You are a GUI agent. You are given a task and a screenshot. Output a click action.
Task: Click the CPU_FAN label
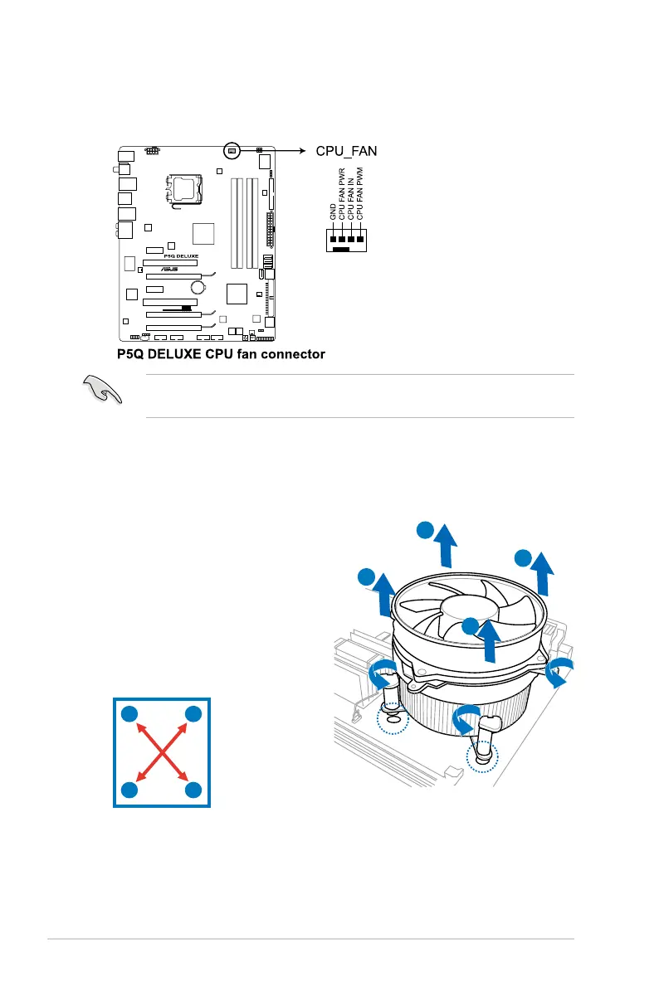click(x=346, y=151)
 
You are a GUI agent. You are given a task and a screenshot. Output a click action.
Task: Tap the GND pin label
click(x=333, y=210)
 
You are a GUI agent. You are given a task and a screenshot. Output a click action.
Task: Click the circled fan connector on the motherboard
click(x=232, y=151)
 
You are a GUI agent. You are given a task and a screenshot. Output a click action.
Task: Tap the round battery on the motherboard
click(x=198, y=288)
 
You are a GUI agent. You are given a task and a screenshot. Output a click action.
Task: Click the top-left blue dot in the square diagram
click(x=129, y=714)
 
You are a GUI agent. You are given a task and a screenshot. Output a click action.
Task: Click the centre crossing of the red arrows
click(x=161, y=751)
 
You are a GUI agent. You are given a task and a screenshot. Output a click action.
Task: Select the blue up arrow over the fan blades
click(x=491, y=639)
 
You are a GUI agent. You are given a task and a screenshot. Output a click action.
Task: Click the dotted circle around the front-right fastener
click(x=481, y=755)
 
